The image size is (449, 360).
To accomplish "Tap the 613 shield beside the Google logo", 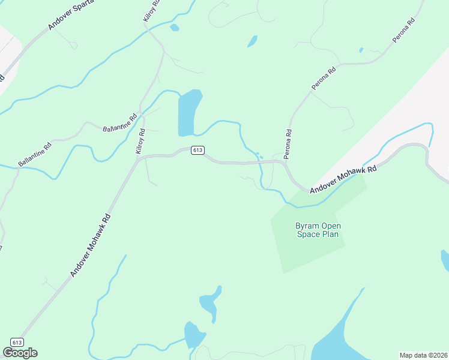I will (17, 343).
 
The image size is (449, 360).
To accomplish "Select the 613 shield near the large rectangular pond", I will (197, 150).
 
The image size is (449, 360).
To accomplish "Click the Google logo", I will (20, 353).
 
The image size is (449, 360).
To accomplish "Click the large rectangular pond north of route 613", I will (188, 113).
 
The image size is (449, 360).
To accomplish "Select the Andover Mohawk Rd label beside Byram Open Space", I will (343, 179).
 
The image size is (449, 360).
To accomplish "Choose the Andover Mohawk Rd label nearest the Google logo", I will (91, 246).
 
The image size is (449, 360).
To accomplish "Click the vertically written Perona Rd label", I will (288, 144).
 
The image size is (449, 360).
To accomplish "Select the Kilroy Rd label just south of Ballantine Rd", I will (140, 142).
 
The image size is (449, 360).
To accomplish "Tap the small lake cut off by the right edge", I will (445, 260).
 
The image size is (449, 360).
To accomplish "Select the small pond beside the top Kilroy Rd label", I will (175, 28).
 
